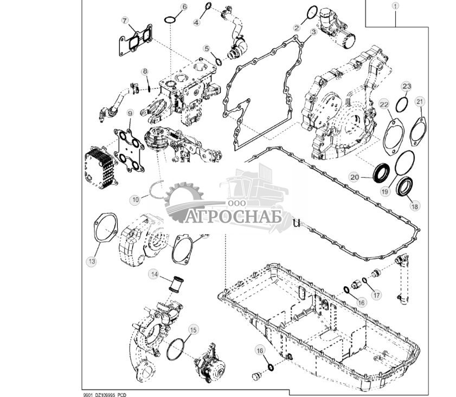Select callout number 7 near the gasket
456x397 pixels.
pos(125,21)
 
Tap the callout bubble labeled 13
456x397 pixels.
pos(92,261)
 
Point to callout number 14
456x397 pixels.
pos(155,275)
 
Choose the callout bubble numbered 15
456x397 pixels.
pos(192,330)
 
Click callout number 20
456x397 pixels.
pos(355,177)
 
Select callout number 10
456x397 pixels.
pos(136,199)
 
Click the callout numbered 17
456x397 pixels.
pos(376,295)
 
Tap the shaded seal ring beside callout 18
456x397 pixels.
pos(405,187)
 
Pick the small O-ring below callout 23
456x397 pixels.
pos(402,103)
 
